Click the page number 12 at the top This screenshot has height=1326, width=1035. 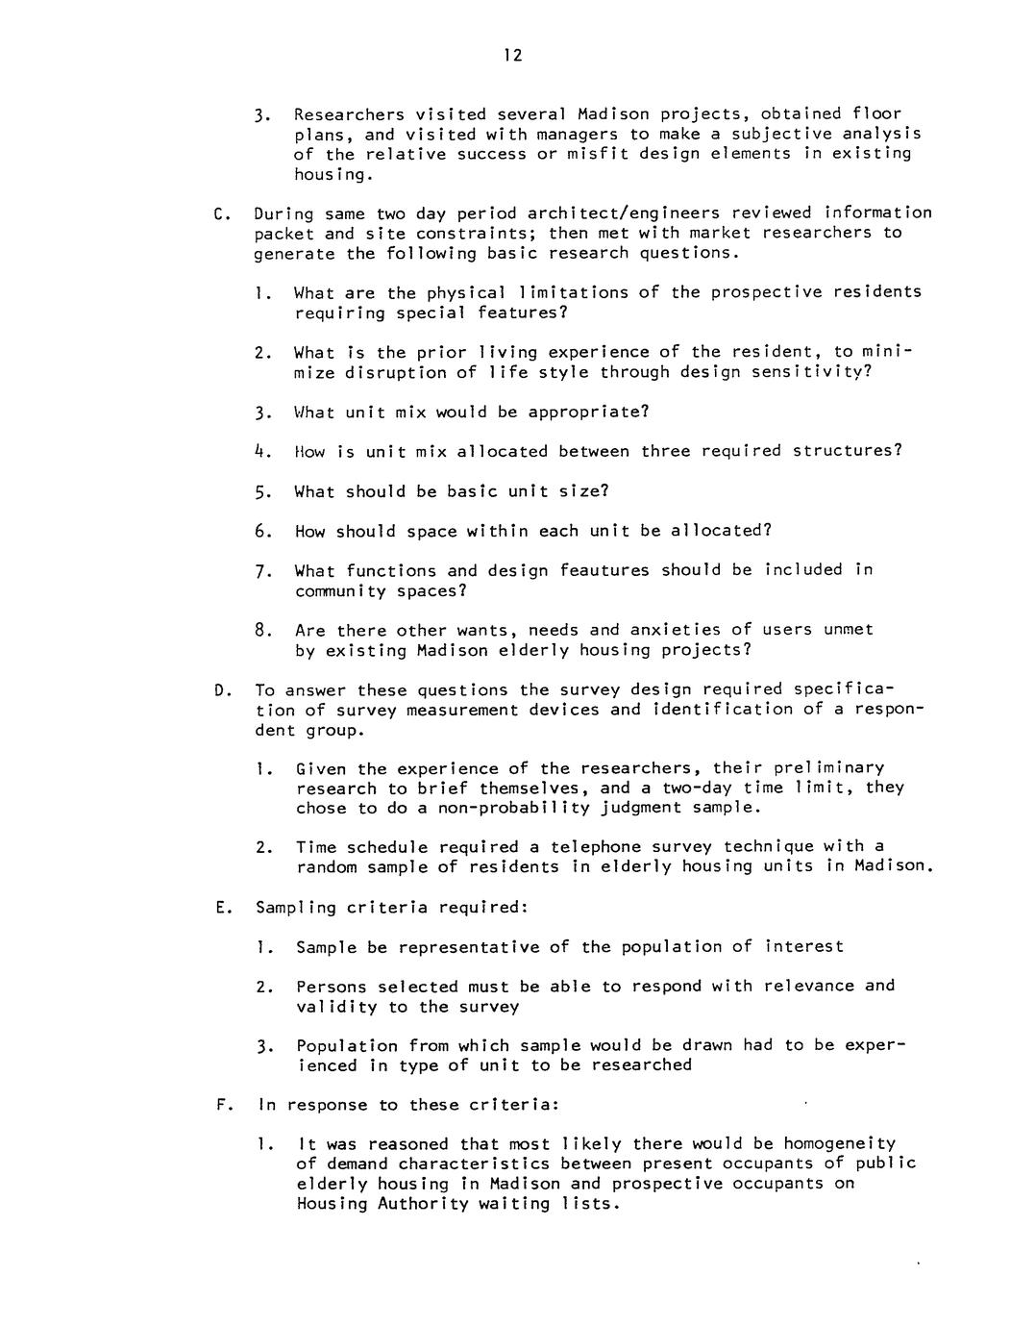512,56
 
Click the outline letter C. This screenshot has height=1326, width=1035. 220,213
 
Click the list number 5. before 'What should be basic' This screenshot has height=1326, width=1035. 260,492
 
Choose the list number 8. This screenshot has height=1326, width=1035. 260,631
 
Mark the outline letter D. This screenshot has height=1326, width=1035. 221,690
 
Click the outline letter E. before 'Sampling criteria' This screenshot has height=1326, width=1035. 221,908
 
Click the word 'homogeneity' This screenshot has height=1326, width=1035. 839,1144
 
